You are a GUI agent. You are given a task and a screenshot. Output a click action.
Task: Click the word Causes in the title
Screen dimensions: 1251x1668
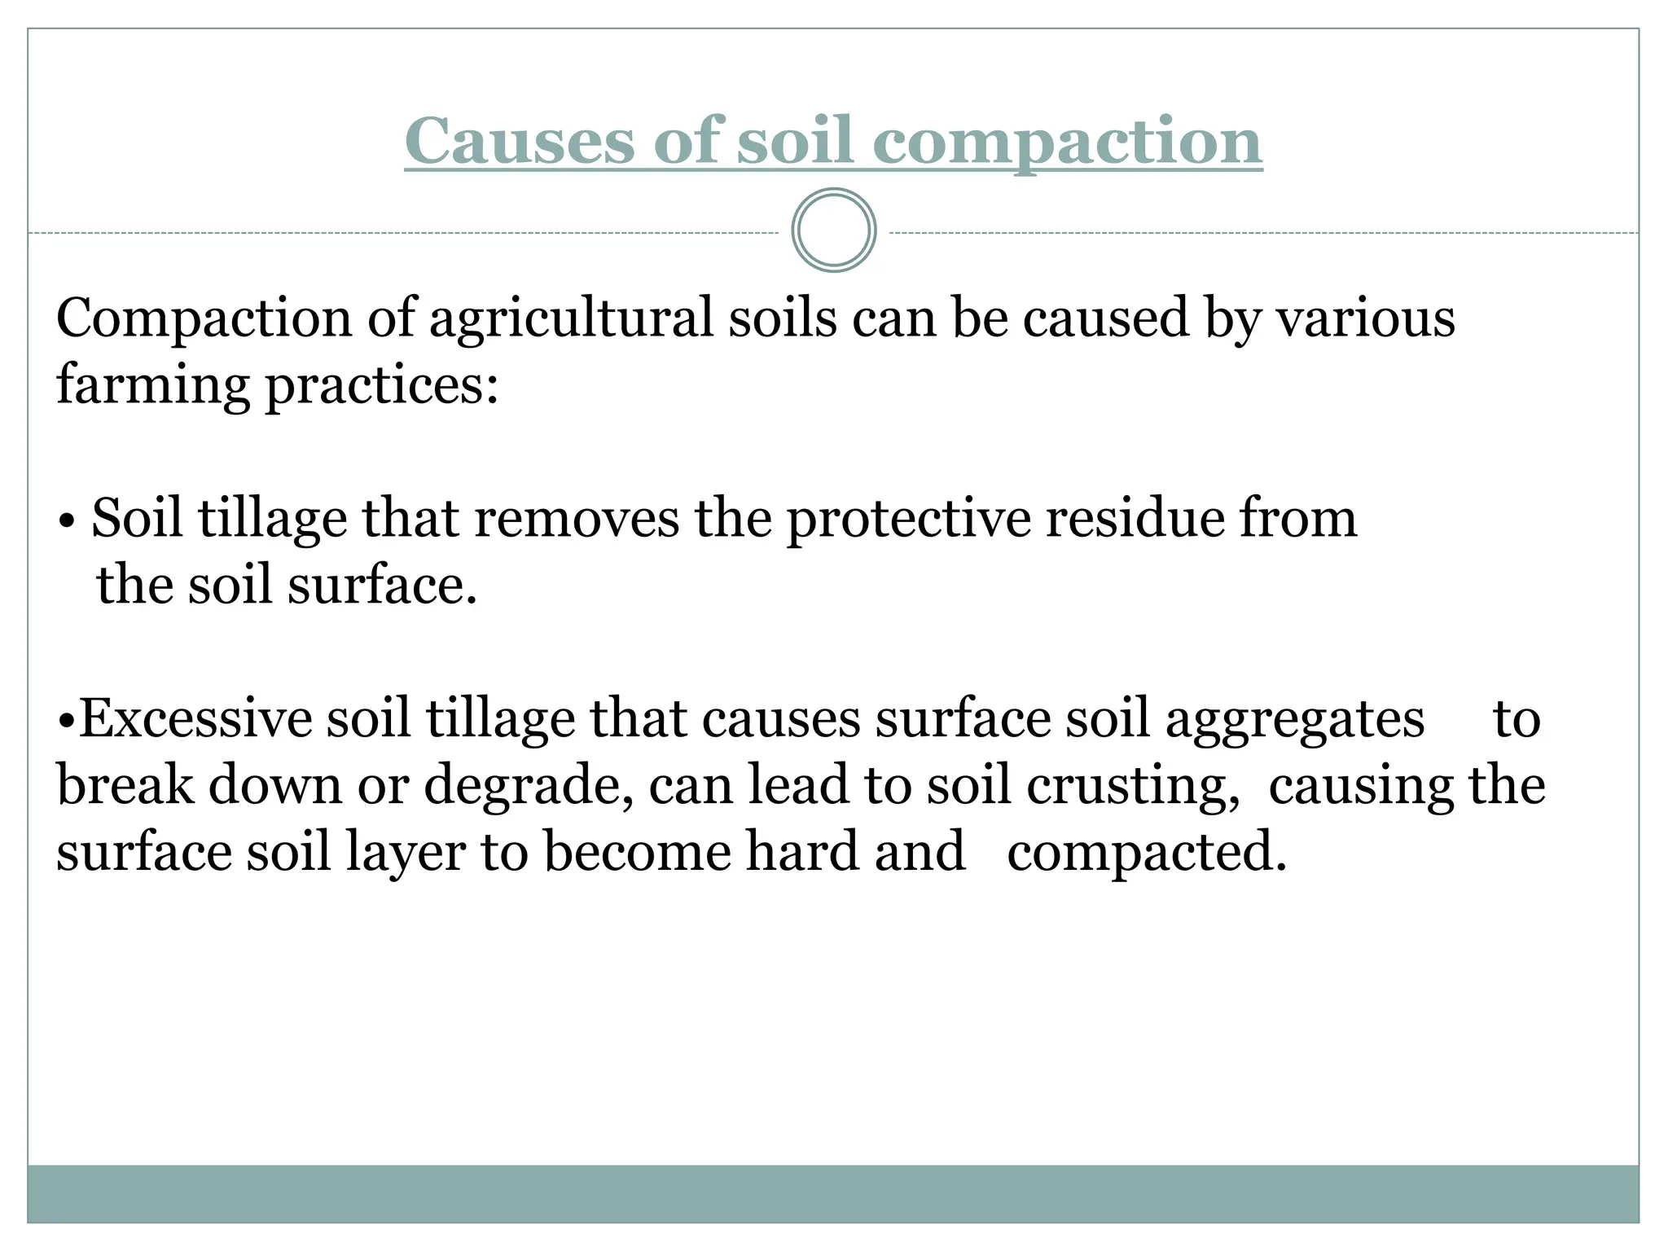click(x=520, y=141)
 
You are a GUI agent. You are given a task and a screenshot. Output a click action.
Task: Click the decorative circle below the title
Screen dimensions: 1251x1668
click(x=834, y=230)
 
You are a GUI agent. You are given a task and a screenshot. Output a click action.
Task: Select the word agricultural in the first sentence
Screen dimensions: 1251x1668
click(x=571, y=319)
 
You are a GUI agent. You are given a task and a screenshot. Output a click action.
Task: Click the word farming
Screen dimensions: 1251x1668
click(x=153, y=386)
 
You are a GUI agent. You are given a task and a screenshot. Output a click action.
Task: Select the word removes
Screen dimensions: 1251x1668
click(x=576, y=519)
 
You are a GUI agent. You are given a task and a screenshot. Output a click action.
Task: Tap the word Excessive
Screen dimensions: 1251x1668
click(x=195, y=719)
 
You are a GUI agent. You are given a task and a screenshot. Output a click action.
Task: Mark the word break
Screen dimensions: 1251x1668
click(x=125, y=786)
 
